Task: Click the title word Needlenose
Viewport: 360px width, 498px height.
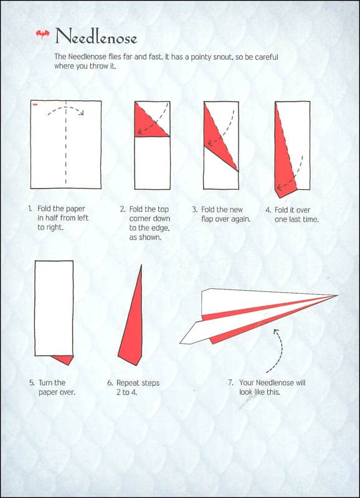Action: [x=95, y=37]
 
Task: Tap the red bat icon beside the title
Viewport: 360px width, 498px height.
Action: [x=42, y=35]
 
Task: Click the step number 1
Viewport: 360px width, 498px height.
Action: [x=30, y=209]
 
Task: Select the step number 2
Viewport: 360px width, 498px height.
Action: [x=123, y=209]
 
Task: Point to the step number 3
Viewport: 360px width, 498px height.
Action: [x=194, y=210]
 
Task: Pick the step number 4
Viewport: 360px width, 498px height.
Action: [x=268, y=210]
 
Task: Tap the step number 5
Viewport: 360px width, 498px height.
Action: [x=31, y=383]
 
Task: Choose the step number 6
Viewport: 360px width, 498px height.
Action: [x=110, y=383]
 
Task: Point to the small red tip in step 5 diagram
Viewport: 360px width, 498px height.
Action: [x=63, y=359]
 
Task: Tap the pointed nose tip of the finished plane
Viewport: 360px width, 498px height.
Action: [x=336, y=295]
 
